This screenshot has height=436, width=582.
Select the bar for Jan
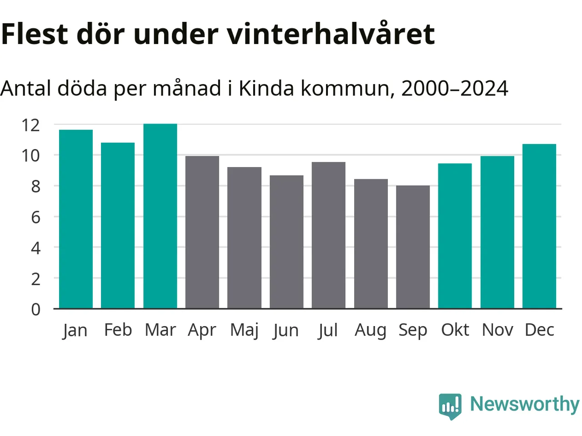(76, 219)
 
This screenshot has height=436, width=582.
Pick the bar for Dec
(539, 226)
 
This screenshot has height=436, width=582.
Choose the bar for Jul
(328, 235)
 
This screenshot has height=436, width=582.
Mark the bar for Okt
(455, 236)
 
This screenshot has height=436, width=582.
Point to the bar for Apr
(202, 232)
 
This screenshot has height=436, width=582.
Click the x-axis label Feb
(118, 330)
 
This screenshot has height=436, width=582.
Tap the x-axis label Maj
(244, 330)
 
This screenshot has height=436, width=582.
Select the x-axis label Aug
(371, 330)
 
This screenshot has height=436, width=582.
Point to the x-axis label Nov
(497, 330)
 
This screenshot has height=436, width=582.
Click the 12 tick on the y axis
(30, 125)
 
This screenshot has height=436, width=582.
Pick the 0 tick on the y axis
(35, 309)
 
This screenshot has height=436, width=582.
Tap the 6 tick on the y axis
(35, 217)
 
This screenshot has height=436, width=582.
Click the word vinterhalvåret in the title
(331, 34)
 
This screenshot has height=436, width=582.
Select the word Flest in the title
(35, 34)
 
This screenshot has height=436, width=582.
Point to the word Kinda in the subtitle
(266, 88)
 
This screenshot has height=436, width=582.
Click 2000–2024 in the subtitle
(455, 88)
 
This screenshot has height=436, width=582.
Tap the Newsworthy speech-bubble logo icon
(450, 406)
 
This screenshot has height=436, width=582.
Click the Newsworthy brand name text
(525, 404)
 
